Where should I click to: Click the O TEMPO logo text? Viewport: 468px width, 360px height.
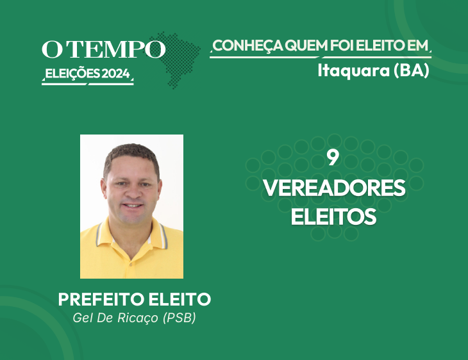point(103,49)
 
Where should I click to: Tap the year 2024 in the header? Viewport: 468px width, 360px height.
point(116,74)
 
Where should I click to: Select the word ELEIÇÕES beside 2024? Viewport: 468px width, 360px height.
point(72,74)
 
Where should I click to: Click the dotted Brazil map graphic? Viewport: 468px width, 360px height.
point(176,60)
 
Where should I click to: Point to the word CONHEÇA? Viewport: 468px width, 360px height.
point(247,46)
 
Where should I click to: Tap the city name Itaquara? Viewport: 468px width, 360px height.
point(354,70)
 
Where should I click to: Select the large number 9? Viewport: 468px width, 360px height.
point(333,158)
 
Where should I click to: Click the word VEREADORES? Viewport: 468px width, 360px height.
point(334,188)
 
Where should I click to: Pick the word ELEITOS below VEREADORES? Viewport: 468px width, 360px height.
point(333,217)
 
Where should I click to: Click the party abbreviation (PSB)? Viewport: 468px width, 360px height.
point(180,318)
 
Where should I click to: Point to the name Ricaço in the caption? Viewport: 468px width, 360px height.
point(138,318)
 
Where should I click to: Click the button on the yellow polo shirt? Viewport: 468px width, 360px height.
point(130,264)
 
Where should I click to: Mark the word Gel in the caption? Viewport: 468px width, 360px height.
point(83,318)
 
